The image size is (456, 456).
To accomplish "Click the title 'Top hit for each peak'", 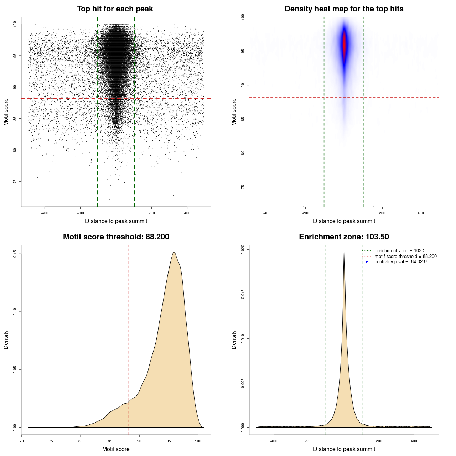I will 115,9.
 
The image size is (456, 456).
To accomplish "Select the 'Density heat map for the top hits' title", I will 344,9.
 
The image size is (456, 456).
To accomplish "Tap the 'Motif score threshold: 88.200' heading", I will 116,237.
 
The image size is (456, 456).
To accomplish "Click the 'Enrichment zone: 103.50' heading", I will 344,237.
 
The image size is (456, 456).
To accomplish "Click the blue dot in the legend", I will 367,262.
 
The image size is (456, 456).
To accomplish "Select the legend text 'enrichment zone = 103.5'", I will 400,251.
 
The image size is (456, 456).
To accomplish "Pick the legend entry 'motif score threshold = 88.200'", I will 405,256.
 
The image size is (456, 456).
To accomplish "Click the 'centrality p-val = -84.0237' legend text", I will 401,262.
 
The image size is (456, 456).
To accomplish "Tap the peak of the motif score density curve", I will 174,252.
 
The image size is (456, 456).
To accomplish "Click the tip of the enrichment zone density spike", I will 344,252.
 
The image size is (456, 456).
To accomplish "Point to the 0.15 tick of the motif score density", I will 15,254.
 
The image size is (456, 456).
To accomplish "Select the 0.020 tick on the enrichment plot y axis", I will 243,249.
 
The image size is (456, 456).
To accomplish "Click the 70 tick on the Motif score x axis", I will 22,441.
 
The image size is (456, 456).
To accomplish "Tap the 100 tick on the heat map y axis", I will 243,17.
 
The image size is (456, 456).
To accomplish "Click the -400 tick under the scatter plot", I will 45,213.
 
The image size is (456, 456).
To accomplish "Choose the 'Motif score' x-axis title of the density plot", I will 116,449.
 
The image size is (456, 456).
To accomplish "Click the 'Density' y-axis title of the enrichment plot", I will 234,340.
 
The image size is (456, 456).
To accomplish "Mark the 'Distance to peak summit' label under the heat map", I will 344,221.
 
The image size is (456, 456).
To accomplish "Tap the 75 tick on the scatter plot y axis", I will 15,181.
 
